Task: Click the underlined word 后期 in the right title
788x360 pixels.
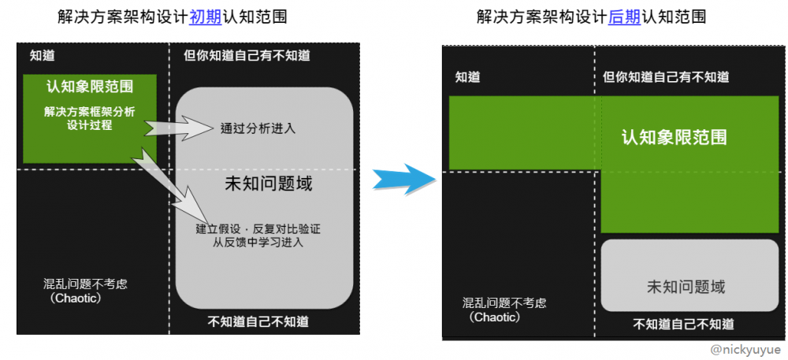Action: point(625,17)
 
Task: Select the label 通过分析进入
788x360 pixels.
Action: point(258,128)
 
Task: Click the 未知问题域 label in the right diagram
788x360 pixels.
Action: point(686,288)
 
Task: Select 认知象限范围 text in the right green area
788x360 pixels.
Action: point(674,137)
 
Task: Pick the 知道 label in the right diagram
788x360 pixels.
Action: point(468,77)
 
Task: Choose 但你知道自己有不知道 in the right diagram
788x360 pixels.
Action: point(666,77)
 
